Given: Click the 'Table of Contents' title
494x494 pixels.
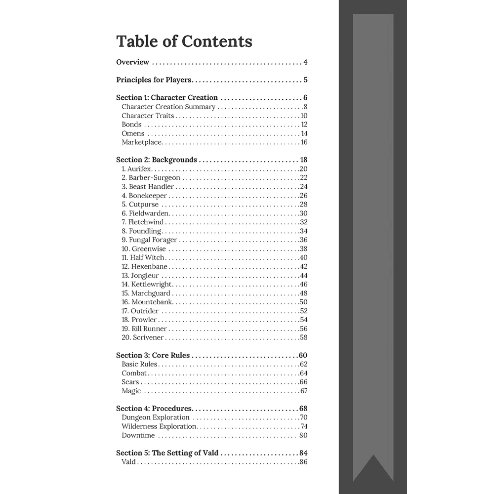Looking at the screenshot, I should click(x=184, y=41).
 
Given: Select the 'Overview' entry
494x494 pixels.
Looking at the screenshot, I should click(x=132, y=62).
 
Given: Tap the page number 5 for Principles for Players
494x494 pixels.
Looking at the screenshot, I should click(x=306, y=80).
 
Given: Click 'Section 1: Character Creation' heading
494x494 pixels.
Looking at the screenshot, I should click(x=167, y=98).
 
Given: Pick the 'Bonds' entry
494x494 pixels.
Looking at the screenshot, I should click(x=131, y=124).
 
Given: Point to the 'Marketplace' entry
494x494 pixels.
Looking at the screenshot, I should click(x=142, y=142).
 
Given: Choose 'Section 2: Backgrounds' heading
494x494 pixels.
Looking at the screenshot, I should click(x=157, y=160).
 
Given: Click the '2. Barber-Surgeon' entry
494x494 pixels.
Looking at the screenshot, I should click(x=151, y=178).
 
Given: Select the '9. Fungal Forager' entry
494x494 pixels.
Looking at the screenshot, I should click(x=149, y=240).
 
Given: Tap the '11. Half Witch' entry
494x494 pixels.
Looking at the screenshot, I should click(x=143, y=258).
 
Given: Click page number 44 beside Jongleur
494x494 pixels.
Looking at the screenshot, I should click(x=303, y=276).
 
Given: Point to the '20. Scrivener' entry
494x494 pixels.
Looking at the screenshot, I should click(x=143, y=338).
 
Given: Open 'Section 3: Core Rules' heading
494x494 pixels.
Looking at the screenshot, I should click(x=153, y=356).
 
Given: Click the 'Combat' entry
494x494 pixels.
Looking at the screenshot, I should click(x=134, y=373).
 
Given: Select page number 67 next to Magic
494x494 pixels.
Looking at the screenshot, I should click(x=303, y=391).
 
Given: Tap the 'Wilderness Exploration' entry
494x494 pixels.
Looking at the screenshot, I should click(x=159, y=427).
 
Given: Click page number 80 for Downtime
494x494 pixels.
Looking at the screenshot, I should click(x=303, y=436).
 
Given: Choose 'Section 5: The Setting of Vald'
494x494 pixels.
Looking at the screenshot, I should click(x=167, y=453).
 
